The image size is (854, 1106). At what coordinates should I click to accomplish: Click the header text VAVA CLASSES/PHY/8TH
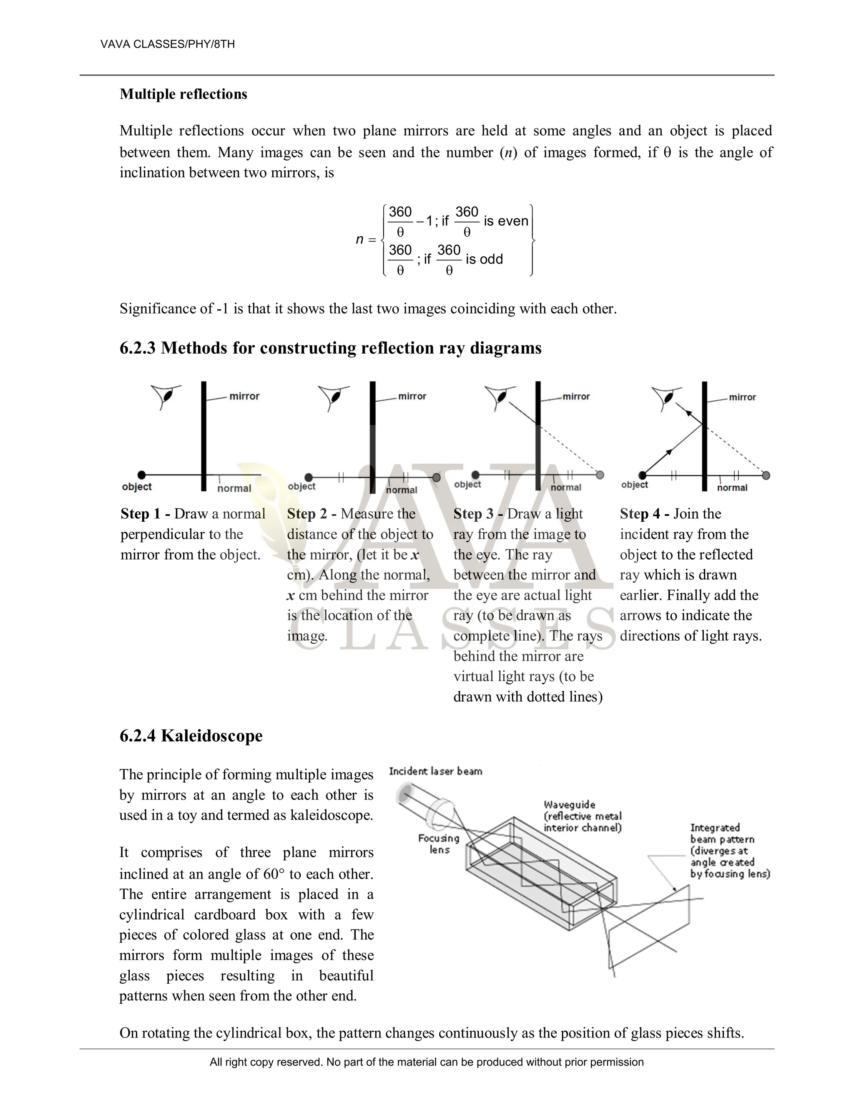coord(168,44)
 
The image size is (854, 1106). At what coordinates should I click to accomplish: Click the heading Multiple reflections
coord(183,94)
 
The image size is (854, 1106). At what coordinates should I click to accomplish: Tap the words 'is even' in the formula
coord(505,221)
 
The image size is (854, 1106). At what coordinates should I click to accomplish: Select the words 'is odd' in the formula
coord(484,259)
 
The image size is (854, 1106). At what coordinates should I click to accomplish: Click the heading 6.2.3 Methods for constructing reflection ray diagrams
coord(330,348)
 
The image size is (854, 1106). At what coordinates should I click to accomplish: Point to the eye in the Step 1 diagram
coord(166,396)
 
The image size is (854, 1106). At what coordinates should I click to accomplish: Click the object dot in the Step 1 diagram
coord(142,475)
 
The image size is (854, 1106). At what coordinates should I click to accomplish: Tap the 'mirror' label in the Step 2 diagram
coord(412,396)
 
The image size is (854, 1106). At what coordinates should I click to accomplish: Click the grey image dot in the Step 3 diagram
coord(600,475)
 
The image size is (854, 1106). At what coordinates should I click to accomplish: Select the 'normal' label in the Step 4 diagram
coord(731,487)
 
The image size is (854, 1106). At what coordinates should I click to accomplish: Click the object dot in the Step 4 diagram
coord(643,475)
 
